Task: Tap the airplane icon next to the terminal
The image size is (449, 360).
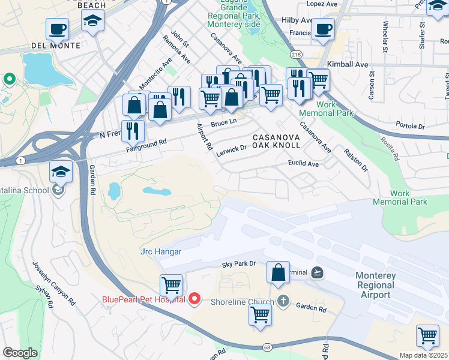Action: point(318,272)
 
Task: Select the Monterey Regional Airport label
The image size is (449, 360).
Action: point(385,285)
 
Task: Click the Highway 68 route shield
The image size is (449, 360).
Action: point(265,347)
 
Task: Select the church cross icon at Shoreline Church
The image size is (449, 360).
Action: point(283,302)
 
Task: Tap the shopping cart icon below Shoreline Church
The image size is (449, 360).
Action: point(260,314)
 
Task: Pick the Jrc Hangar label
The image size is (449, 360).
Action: point(160,251)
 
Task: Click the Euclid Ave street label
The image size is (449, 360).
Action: point(303,163)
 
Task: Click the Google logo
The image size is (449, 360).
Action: point(20,352)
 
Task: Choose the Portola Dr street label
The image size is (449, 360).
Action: point(410,126)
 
